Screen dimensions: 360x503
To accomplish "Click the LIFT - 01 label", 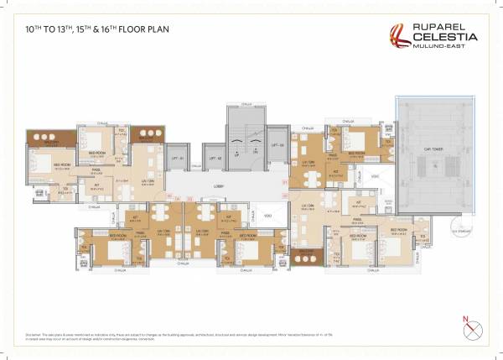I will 178,158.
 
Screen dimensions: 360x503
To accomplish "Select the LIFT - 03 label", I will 277,146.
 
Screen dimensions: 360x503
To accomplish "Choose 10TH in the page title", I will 35,28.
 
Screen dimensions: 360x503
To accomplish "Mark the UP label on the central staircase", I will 236,155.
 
